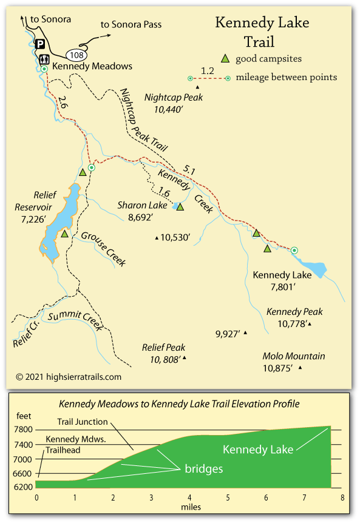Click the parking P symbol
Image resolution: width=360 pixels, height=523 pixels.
tap(40, 44)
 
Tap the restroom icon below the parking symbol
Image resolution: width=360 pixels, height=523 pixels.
tap(44, 59)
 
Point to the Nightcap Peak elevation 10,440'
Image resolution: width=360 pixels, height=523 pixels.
tap(174, 110)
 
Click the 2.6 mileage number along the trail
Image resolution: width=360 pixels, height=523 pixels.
tap(63, 104)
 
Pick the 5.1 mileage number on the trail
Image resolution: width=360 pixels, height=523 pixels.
tap(188, 171)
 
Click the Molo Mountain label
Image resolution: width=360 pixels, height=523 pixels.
tap(293, 356)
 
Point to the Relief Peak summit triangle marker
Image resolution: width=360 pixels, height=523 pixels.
tap(184, 358)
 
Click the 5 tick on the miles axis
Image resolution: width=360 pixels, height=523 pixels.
tap(227, 498)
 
